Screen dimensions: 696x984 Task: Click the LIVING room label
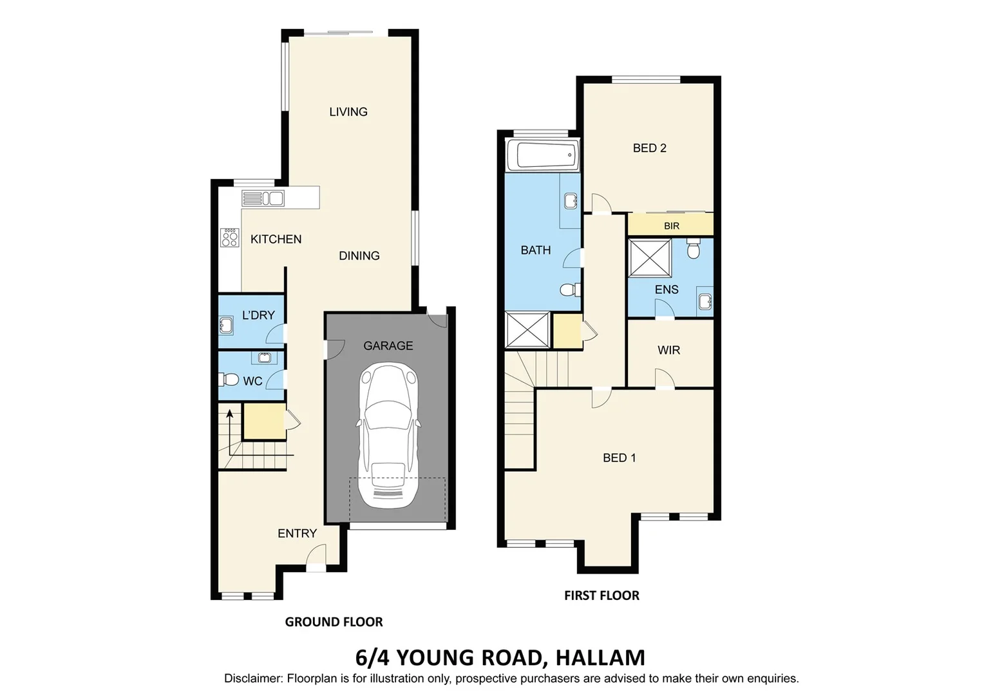point(348,112)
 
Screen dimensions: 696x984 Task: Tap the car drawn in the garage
point(389,436)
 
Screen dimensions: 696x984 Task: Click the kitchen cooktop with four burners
point(229,238)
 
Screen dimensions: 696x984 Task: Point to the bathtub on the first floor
point(543,155)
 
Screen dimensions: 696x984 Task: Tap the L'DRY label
point(258,315)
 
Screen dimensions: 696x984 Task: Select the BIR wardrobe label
point(672,226)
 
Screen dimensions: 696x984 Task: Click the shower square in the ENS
point(650,258)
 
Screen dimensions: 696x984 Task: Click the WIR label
point(668,351)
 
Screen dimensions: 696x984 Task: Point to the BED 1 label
point(619,458)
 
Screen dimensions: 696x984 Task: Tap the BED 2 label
point(649,148)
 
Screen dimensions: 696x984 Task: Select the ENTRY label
point(297,534)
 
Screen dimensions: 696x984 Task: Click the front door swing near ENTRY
point(316,555)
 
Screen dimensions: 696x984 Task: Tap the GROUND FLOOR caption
point(334,622)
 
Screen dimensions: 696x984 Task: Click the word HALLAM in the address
point(600,658)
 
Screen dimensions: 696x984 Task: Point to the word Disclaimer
point(252,679)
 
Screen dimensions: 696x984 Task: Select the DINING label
point(359,256)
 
